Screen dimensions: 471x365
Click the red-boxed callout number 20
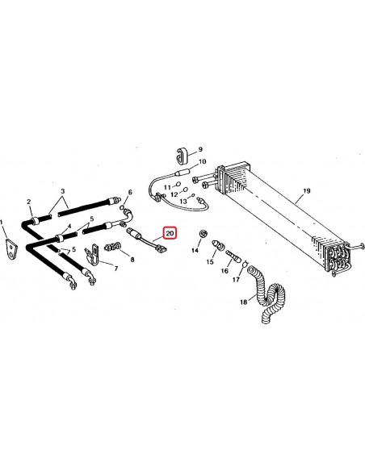pyautogui.click(x=170, y=233)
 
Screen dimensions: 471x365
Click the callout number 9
pyautogui.click(x=201, y=150)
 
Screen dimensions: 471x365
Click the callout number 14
pyautogui.click(x=194, y=251)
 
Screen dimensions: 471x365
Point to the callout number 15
pyautogui.click(x=209, y=263)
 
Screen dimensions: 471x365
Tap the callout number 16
pyautogui.click(x=224, y=273)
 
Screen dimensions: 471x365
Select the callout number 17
pyautogui.click(x=237, y=281)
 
